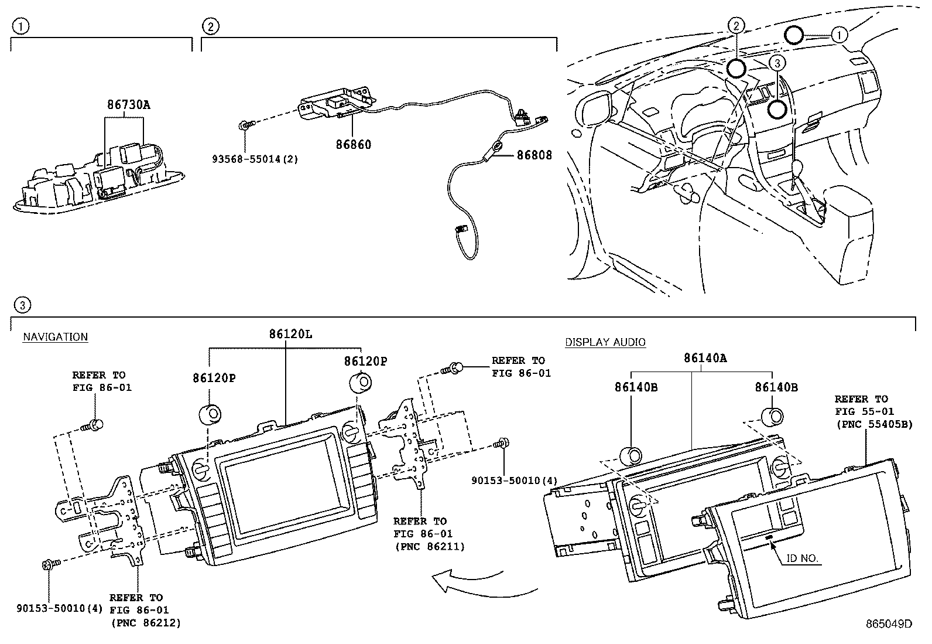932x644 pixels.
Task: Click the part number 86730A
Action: [x=128, y=105]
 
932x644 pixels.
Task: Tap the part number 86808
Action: [x=534, y=155]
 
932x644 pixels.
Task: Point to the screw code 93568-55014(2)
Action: [x=255, y=159]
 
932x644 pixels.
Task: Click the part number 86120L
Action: [x=290, y=334]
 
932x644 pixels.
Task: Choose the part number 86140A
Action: [x=705, y=357]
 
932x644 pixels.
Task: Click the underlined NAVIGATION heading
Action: [x=55, y=337]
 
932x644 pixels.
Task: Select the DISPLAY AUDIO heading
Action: [x=605, y=342]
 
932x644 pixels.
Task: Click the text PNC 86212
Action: [x=145, y=623]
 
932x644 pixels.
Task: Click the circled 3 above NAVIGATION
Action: [x=21, y=305]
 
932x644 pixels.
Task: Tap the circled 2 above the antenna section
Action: [x=210, y=26]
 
